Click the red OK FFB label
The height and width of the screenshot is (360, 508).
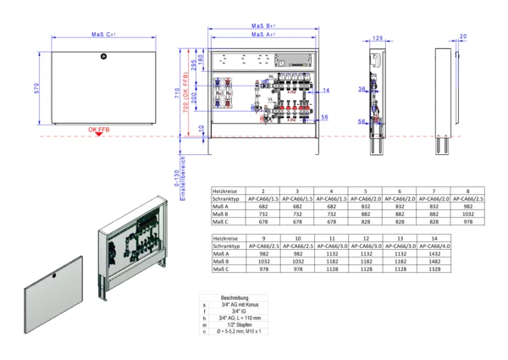coord(99,130)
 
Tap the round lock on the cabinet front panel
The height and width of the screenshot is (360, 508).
coord(102,57)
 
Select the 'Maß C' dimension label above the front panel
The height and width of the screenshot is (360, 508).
coord(103,36)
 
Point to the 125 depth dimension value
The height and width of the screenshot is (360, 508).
coord(378,38)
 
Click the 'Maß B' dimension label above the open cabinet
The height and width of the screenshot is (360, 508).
coord(265,26)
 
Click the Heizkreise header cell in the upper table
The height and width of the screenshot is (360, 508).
coord(227,191)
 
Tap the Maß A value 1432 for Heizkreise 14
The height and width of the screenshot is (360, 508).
coord(467,254)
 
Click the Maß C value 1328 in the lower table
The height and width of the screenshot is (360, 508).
coord(467,269)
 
